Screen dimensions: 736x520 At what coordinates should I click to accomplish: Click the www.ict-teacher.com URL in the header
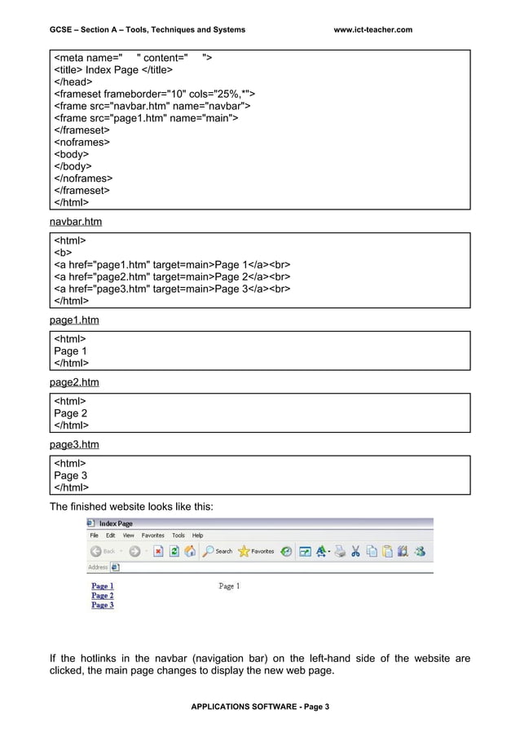coord(373,30)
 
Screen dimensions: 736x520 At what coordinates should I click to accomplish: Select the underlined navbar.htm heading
coord(76,222)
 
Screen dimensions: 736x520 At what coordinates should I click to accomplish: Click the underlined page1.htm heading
coord(74,320)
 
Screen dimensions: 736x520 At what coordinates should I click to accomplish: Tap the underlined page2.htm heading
coord(74,382)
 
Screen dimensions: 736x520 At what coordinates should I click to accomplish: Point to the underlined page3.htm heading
coord(74,444)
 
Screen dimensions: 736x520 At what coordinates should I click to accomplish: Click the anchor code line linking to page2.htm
coord(172,276)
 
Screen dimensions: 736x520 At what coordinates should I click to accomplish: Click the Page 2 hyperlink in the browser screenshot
coord(102,596)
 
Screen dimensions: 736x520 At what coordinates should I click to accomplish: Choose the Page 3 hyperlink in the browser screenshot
coord(102,606)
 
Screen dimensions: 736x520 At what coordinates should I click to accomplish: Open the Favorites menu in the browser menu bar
coord(152,535)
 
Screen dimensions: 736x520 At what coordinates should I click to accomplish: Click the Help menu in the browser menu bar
coord(197,535)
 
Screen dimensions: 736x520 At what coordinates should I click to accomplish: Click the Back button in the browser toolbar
coord(103,551)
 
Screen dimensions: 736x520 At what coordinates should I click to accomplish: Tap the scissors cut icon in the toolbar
coord(355,551)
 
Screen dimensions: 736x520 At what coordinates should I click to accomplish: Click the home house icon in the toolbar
coord(190,551)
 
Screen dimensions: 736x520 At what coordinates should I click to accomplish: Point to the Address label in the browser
coord(97,567)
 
